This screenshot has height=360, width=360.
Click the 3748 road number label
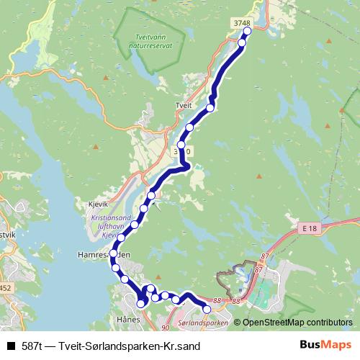coord(242,24)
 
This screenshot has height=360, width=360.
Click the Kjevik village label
coord(96,204)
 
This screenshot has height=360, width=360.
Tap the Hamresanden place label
coord(104,255)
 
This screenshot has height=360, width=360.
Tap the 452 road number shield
coord(4,288)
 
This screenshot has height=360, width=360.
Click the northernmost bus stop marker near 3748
coord(248,32)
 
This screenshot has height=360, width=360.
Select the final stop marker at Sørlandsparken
coord(207,310)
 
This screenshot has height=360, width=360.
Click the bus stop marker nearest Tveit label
coord(210,108)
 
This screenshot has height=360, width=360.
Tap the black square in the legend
coord(10,346)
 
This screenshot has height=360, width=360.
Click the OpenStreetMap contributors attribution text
coord(297,323)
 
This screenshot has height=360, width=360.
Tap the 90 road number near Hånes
coord(165,328)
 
